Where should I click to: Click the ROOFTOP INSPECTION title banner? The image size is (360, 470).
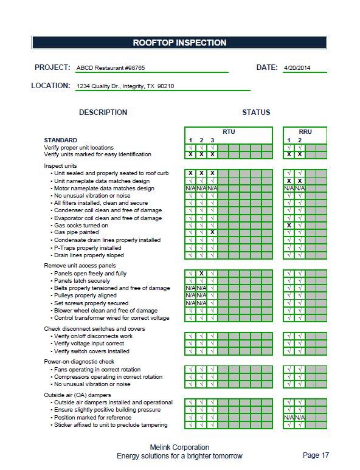[179, 43]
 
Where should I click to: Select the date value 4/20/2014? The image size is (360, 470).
[297, 68]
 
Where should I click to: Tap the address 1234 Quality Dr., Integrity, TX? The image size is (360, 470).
[125, 86]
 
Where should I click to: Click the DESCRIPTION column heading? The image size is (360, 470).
[103, 112]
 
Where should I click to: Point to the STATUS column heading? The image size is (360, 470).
[256, 112]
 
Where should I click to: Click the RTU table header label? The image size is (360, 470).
[228, 132]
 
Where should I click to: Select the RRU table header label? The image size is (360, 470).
[305, 132]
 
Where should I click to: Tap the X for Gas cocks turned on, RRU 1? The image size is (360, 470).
[289, 226]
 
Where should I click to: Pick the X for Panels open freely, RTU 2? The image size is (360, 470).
[201, 274]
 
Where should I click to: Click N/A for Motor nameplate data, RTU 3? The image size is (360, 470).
[212, 188]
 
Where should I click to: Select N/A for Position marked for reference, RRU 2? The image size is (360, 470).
[300, 418]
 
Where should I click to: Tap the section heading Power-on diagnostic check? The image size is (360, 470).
[79, 362]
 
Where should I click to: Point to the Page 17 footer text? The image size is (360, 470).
[316, 455]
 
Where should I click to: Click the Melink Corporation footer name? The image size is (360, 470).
[179, 448]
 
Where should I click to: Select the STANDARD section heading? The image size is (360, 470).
[60, 140]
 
